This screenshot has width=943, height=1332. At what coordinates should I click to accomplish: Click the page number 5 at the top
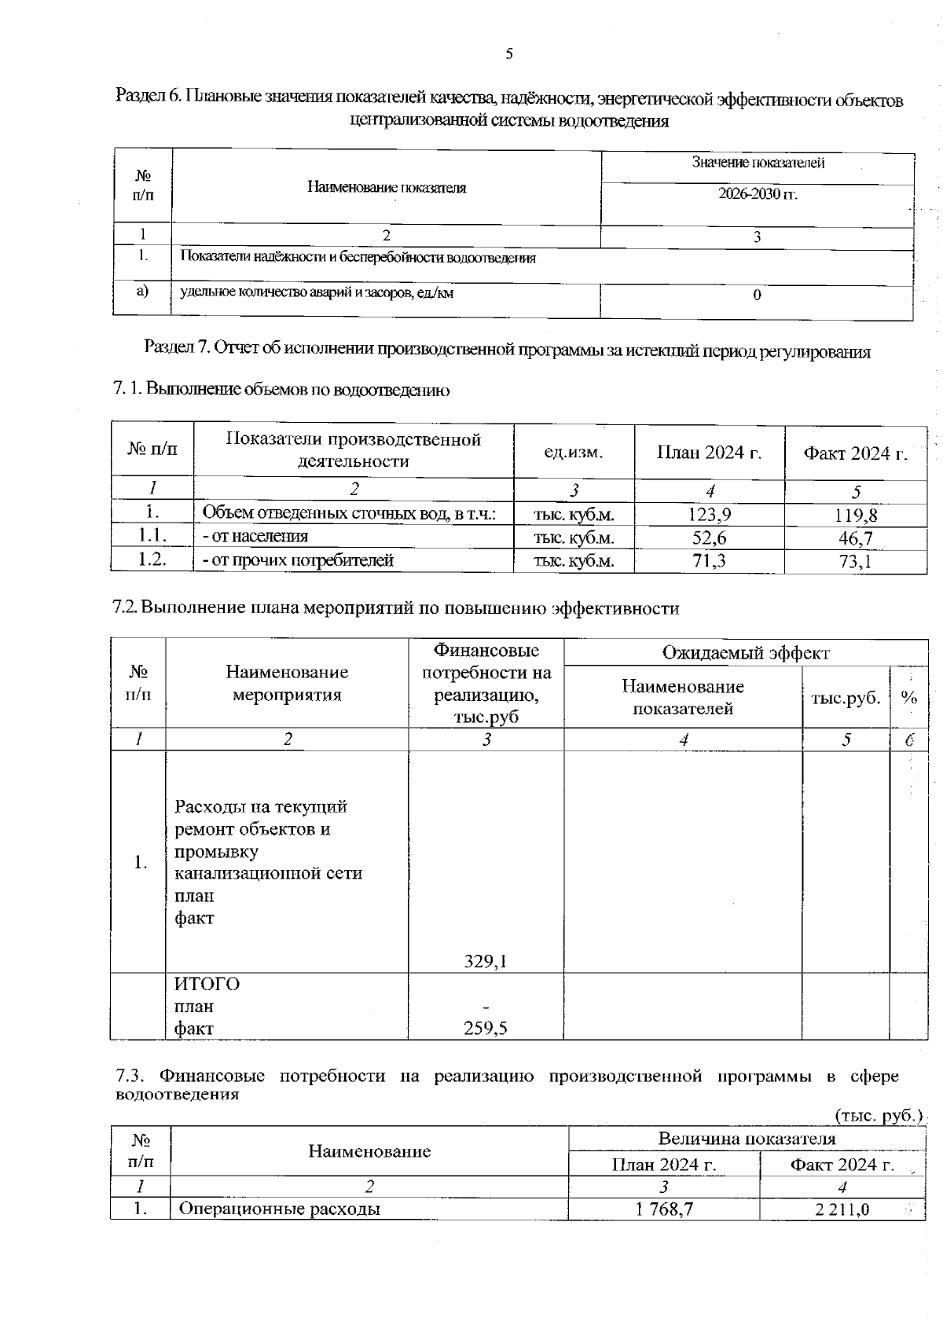(509, 54)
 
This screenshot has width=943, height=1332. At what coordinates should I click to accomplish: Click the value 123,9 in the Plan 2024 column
(710, 515)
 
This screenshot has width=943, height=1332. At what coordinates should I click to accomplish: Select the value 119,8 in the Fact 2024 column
(856, 516)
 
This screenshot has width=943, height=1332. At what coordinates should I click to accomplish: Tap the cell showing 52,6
(710, 538)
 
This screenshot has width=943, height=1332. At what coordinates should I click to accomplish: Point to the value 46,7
(856, 539)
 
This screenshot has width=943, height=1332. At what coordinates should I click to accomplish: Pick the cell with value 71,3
(710, 560)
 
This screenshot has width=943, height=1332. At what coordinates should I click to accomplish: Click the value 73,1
(856, 562)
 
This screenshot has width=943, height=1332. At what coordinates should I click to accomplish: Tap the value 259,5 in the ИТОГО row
(486, 1028)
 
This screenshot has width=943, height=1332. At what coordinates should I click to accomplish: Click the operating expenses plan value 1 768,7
(664, 1209)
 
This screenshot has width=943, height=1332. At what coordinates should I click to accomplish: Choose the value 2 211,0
(842, 1209)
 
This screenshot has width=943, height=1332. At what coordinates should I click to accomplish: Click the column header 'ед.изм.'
(574, 453)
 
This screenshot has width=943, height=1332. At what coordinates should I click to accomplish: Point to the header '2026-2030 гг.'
(758, 194)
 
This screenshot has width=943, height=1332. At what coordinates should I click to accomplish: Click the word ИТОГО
(207, 984)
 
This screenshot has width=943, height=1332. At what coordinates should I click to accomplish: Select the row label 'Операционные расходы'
(280, 1209)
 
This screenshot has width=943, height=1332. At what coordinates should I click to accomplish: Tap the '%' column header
(909, 698)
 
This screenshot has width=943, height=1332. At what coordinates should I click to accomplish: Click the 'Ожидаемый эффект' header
(745, 652)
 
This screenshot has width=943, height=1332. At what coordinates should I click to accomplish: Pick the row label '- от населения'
(255, 537)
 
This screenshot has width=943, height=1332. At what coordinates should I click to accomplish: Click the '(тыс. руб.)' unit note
(878, 1116)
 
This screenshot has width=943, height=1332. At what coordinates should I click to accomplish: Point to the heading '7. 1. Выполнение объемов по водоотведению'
(281, 389)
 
